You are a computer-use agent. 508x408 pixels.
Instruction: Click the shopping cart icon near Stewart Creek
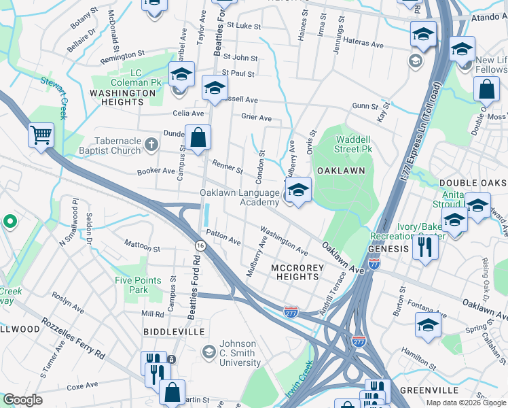coord(41,135)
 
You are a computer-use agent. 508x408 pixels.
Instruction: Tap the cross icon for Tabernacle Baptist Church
coord(151,145)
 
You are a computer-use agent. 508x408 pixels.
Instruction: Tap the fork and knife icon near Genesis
coord(425,247)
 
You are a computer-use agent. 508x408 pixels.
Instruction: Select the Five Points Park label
coord(138,285)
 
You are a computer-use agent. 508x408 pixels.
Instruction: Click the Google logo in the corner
coord(22,400)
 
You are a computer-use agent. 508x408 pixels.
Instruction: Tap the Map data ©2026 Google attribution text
coord(466,402)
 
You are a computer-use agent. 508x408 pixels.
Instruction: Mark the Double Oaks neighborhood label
coord(473,183)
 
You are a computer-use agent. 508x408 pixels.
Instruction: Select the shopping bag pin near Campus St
coord(198,138)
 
